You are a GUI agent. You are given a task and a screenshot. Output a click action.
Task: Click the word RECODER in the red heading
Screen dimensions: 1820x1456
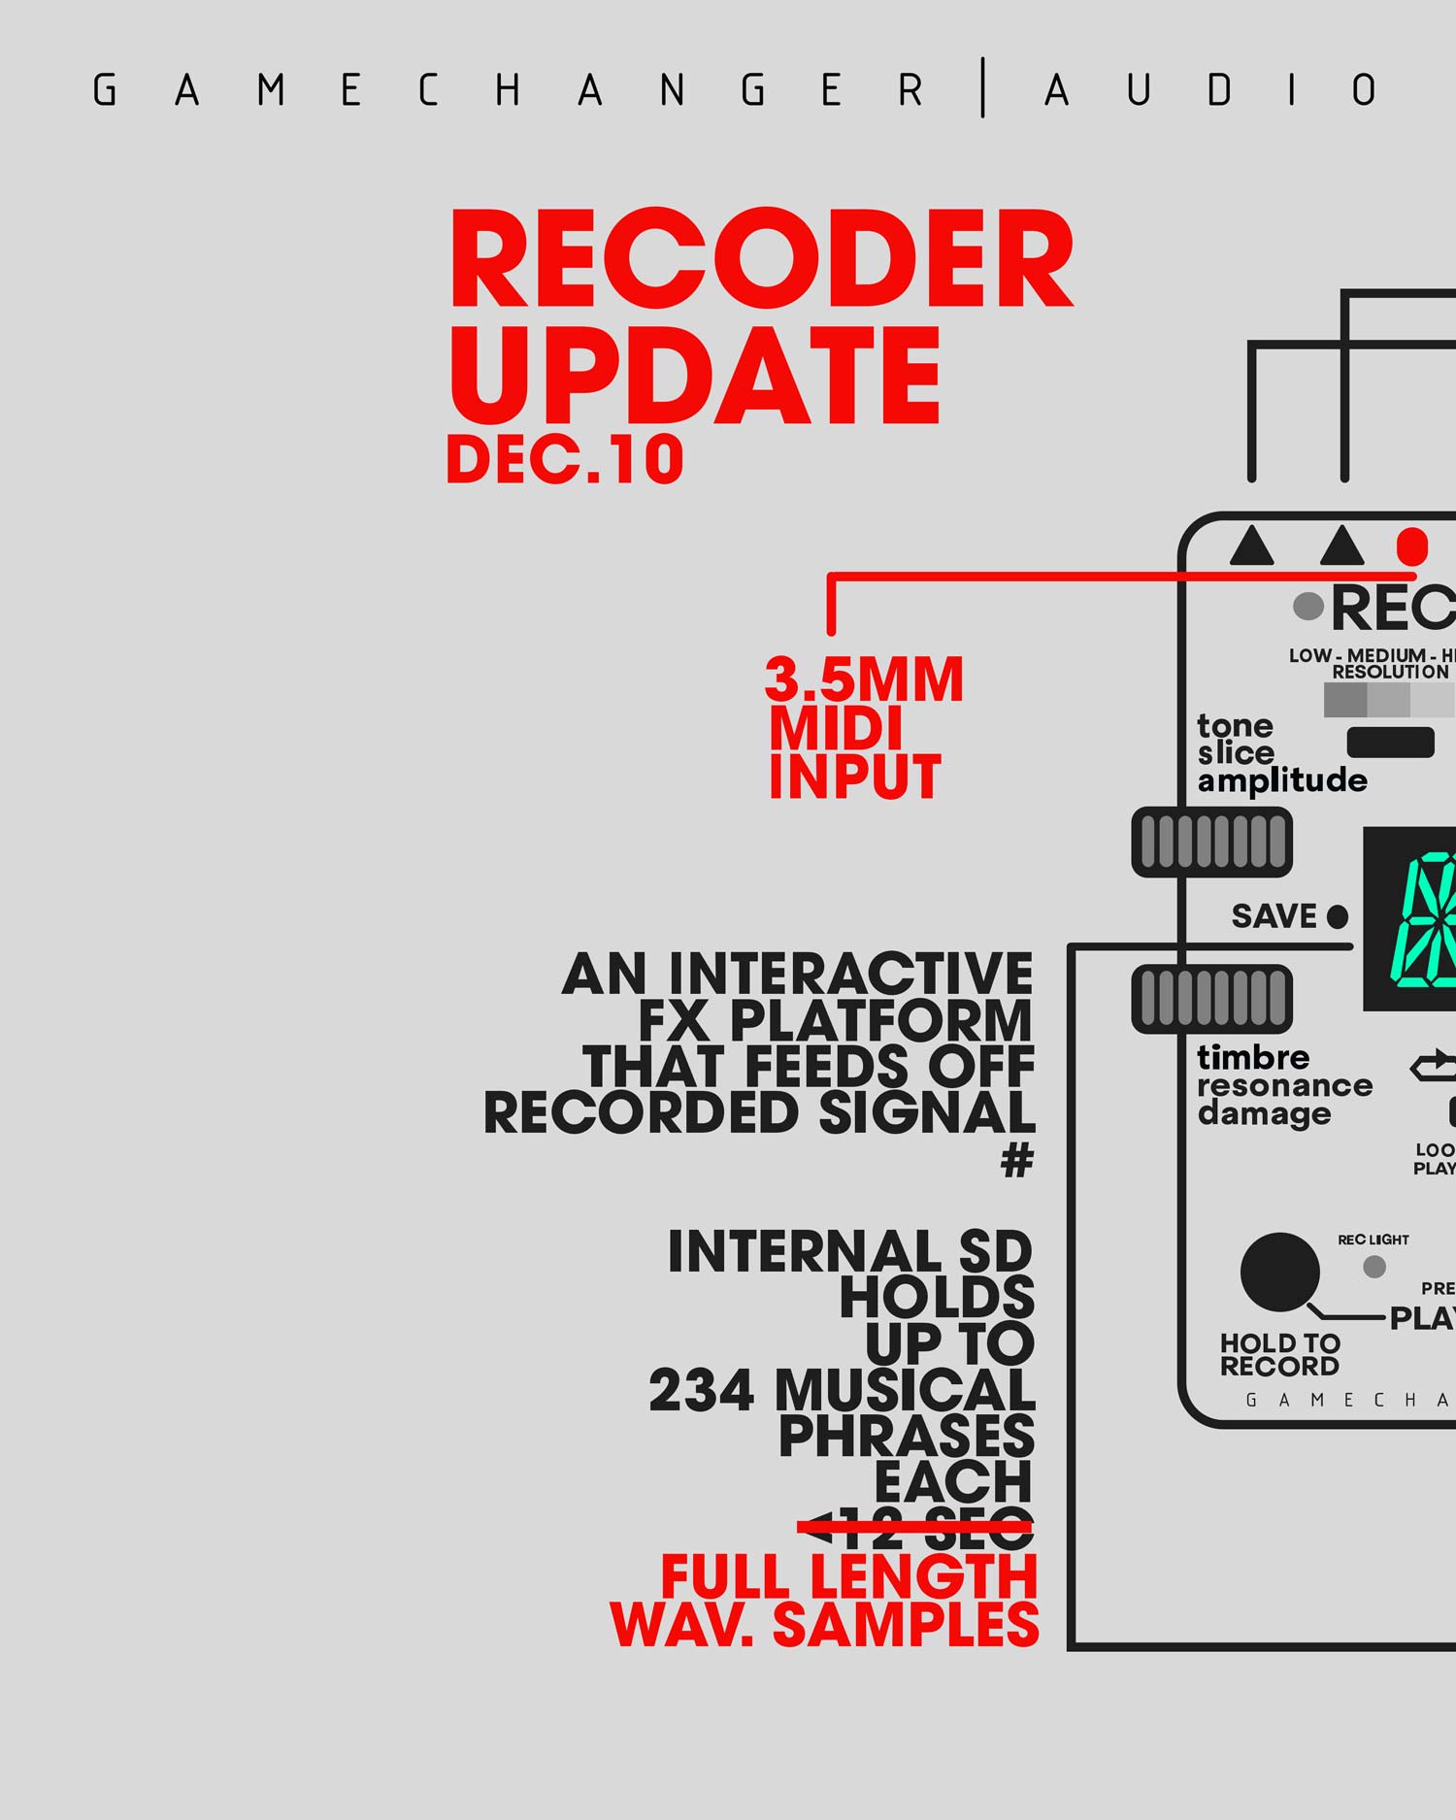click(761, 259)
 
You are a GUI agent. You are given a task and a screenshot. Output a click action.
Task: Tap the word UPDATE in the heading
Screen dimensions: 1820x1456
click(695, 376)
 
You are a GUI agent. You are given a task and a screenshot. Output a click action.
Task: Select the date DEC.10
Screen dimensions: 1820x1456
click(565, 459)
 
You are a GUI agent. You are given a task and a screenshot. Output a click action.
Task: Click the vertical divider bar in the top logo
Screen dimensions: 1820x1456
click(983, 88)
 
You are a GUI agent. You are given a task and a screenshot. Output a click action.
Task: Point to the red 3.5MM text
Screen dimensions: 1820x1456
click(864, 679)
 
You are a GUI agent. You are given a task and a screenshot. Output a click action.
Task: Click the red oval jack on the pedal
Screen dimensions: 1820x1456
click(1411, 547)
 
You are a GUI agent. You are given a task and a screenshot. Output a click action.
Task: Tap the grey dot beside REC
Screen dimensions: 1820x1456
click(1308, 607)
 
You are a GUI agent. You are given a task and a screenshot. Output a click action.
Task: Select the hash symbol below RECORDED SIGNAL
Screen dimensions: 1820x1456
click(1016, 1160)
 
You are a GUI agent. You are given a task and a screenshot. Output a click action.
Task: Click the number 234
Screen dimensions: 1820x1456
click(701, 1390)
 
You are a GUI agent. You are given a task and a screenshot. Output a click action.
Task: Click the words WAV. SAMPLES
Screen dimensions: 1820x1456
click(824, 1625)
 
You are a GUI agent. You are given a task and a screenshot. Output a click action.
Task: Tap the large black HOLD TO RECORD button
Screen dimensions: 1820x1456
click(1279, 1272)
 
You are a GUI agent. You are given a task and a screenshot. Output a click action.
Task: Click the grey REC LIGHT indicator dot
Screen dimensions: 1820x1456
click(1374, 1267)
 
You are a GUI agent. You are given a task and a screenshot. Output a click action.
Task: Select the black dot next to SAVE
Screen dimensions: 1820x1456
click(1338, 916)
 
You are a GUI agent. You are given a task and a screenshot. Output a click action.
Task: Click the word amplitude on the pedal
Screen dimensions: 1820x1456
click(1281, 781)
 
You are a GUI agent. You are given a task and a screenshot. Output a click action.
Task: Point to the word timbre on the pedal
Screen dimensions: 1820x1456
click(1253, 1057)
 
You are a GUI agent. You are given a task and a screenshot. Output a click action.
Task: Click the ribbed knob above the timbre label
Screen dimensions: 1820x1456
click(1211, 998)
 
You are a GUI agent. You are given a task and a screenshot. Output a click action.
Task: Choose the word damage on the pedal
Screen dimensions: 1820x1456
click(1264, 1113)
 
